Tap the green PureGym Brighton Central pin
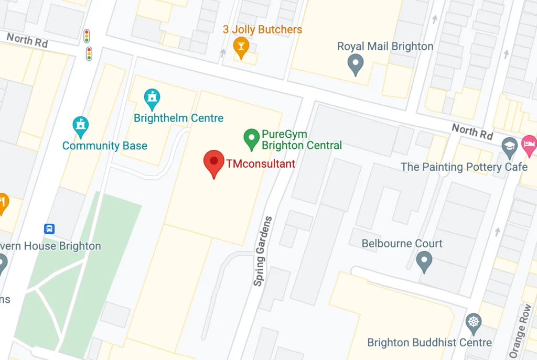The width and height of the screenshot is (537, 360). click(x=252, y=138)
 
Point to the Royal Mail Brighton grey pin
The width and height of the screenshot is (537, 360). click(x=356, y=64)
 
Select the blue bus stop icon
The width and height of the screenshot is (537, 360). click(x=49, y=229)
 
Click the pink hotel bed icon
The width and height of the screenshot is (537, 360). click(x=529, y=144)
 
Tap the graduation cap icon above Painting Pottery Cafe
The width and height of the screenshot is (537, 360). click(x=509, y=146)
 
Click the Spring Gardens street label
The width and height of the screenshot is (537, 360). click(x=263, y=250)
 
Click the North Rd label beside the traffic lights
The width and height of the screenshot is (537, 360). click(x=27, y=39)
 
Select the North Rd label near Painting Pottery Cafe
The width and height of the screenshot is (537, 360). click(x=472, y=131)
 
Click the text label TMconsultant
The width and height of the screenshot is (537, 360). click(x=261, y=163)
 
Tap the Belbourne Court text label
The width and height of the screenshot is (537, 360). click(x=402, y=244)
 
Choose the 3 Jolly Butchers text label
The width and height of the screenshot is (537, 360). click(x=262, y=29)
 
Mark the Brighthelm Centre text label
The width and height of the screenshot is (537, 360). click(x=178, y=118)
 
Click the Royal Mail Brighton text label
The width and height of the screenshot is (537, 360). click(x=385, y=46)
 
